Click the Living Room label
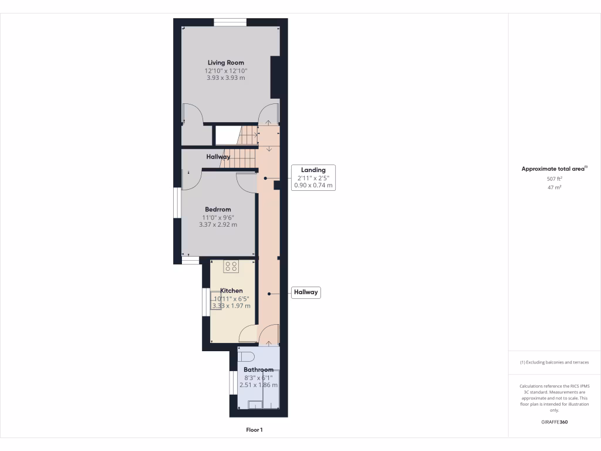[226, 63]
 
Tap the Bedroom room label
[218, 210]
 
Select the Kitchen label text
[231, 291]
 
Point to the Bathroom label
[258, 370]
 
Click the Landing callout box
[313, 177]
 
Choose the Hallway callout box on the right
[306, 292]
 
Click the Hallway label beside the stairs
[218, 157]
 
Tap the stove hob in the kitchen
[231, 267]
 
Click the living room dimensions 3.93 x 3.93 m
[226, 78]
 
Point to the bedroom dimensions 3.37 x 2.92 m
[218, 224]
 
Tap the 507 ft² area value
[555, 179]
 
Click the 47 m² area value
[555, 188]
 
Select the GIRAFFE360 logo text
[554, 422]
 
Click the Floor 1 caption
[254, 430]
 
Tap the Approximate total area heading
[554, 169]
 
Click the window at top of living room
[229, 22]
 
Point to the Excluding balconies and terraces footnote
[554, 362]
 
